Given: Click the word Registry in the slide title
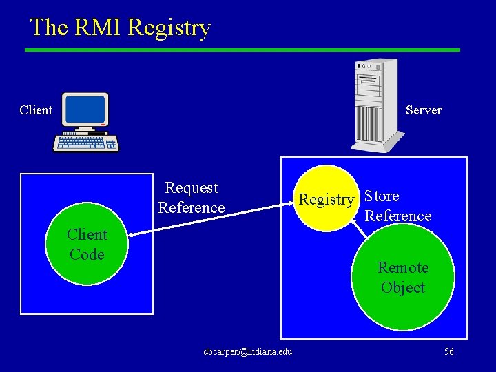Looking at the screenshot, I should pyautogui.click(x=169, y=28).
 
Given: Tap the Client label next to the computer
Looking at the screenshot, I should pyautogui.click(x=36, y=110).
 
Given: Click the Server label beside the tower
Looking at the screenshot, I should pyautogui.click(x=424, y=110).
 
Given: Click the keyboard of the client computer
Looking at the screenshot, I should pyautogui.click(x=87, y=143).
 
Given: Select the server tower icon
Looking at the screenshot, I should pyautogui.click(x=375, y=103).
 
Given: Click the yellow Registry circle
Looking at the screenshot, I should pyautogui.click(x=327, y=200).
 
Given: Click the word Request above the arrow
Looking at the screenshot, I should pyautogui.click(x=192, y=188).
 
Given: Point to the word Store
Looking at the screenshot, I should pyautogui.click(x=382, y=196).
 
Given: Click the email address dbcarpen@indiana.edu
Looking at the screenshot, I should pyautogui.click(x=248, y=352).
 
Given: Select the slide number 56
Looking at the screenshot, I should pyautogui.click(x=448, y=352).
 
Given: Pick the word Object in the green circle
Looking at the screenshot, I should pyautogui.click(x=403, y=288).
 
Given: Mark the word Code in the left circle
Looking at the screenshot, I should pyautogui.click(x=87, y=254).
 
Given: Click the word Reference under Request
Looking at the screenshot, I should pyautogui.click(x=192, y=207).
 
